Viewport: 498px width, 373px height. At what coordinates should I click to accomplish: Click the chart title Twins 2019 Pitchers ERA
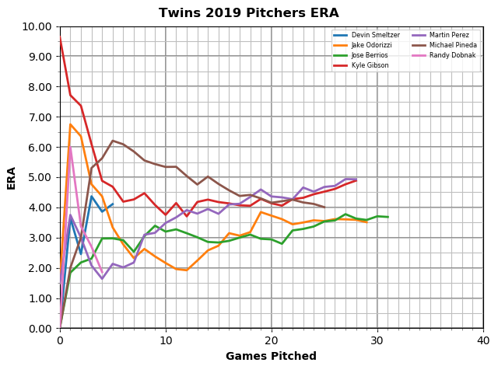(x=249, y=13)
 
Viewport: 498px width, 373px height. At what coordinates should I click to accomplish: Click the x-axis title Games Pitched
(x=271, y=357)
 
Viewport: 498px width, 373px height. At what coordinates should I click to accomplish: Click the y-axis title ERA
(x=12, y=177)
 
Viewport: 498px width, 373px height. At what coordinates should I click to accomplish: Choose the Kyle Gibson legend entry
(x=370, y=65)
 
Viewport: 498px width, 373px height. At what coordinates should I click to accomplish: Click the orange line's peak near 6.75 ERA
(x=71, y=124)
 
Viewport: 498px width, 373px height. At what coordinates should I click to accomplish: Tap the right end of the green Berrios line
(x=388, y=217)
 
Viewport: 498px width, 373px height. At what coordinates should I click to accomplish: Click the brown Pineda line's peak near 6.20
(x=113, y=141)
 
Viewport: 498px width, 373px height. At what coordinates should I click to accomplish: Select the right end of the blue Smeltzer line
(x=113, y=204)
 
